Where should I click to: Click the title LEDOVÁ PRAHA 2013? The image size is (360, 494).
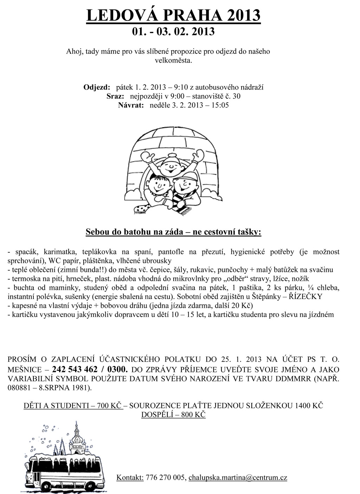pos(173,15)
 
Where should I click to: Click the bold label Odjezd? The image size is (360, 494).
pos(97,87)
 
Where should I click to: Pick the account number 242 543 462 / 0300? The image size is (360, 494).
pos(90,369)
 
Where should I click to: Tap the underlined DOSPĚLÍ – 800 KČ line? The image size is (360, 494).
pos(173,415)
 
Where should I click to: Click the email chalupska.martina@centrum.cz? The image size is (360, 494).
pos(238,477)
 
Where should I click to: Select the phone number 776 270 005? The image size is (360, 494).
pos(165,477)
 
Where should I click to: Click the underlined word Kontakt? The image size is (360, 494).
pos(130,477)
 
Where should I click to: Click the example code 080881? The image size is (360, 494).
pos(19,388)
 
